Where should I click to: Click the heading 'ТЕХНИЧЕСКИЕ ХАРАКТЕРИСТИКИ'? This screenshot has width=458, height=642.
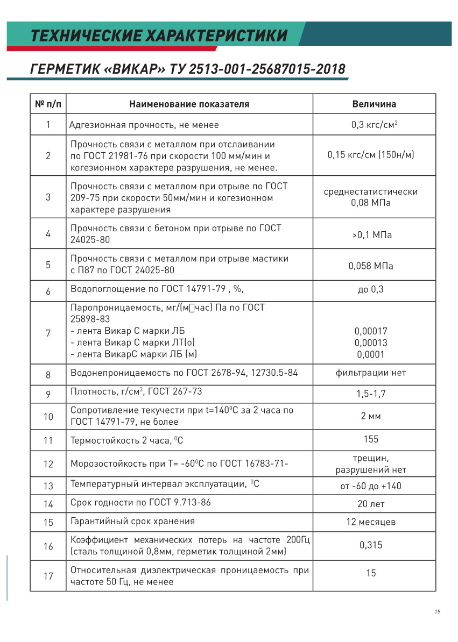click(159, 36)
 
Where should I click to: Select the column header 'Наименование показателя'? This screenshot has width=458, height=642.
click(189, 104)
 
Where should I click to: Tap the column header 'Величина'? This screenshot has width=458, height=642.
click(374, 104)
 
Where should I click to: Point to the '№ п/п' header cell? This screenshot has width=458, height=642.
click(48, 104)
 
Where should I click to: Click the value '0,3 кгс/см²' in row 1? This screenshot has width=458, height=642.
click(374, 125)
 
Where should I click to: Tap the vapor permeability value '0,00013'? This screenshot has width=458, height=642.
click(371, 343)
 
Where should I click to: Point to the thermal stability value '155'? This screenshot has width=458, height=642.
click(371, 439)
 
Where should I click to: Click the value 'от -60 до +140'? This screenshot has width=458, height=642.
click(371, 486)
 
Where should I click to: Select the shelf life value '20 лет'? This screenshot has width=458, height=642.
click(371, 504)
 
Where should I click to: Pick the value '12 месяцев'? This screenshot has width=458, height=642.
click(371, 522)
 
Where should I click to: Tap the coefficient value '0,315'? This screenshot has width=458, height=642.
click(371, 545)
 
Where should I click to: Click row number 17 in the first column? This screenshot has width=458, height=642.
click(48, 576)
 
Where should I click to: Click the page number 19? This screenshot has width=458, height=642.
click(438, 612)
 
